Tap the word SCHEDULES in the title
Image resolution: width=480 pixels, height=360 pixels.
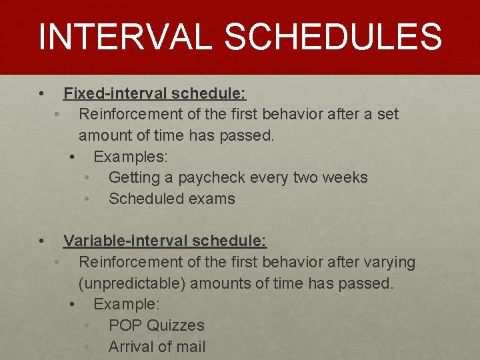click(x=333, y=37)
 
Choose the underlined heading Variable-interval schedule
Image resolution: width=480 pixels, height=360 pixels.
click(x=165, y=240)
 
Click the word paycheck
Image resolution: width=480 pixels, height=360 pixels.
click(x=215, y=178)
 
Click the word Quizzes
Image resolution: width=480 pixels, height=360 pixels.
click(x=175, y=325)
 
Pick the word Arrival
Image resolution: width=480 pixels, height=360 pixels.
click(x=131, y=347)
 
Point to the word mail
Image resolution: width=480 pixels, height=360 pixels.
click(x=190, y=347)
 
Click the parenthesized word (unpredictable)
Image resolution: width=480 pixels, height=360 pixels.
click(x=132, y=283)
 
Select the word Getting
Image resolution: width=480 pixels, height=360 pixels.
click(x=133, y=178)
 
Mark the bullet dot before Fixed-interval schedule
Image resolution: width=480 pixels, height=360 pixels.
click(x=41, y=93)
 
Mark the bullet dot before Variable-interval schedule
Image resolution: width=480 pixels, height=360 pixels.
click(x=41, y=240)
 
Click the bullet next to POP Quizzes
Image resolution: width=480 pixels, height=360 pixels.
click(x=87, y=325)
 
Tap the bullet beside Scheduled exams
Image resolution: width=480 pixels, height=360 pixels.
click(x=87, y=199)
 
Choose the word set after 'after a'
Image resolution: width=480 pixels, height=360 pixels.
click(x=387, y=114)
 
